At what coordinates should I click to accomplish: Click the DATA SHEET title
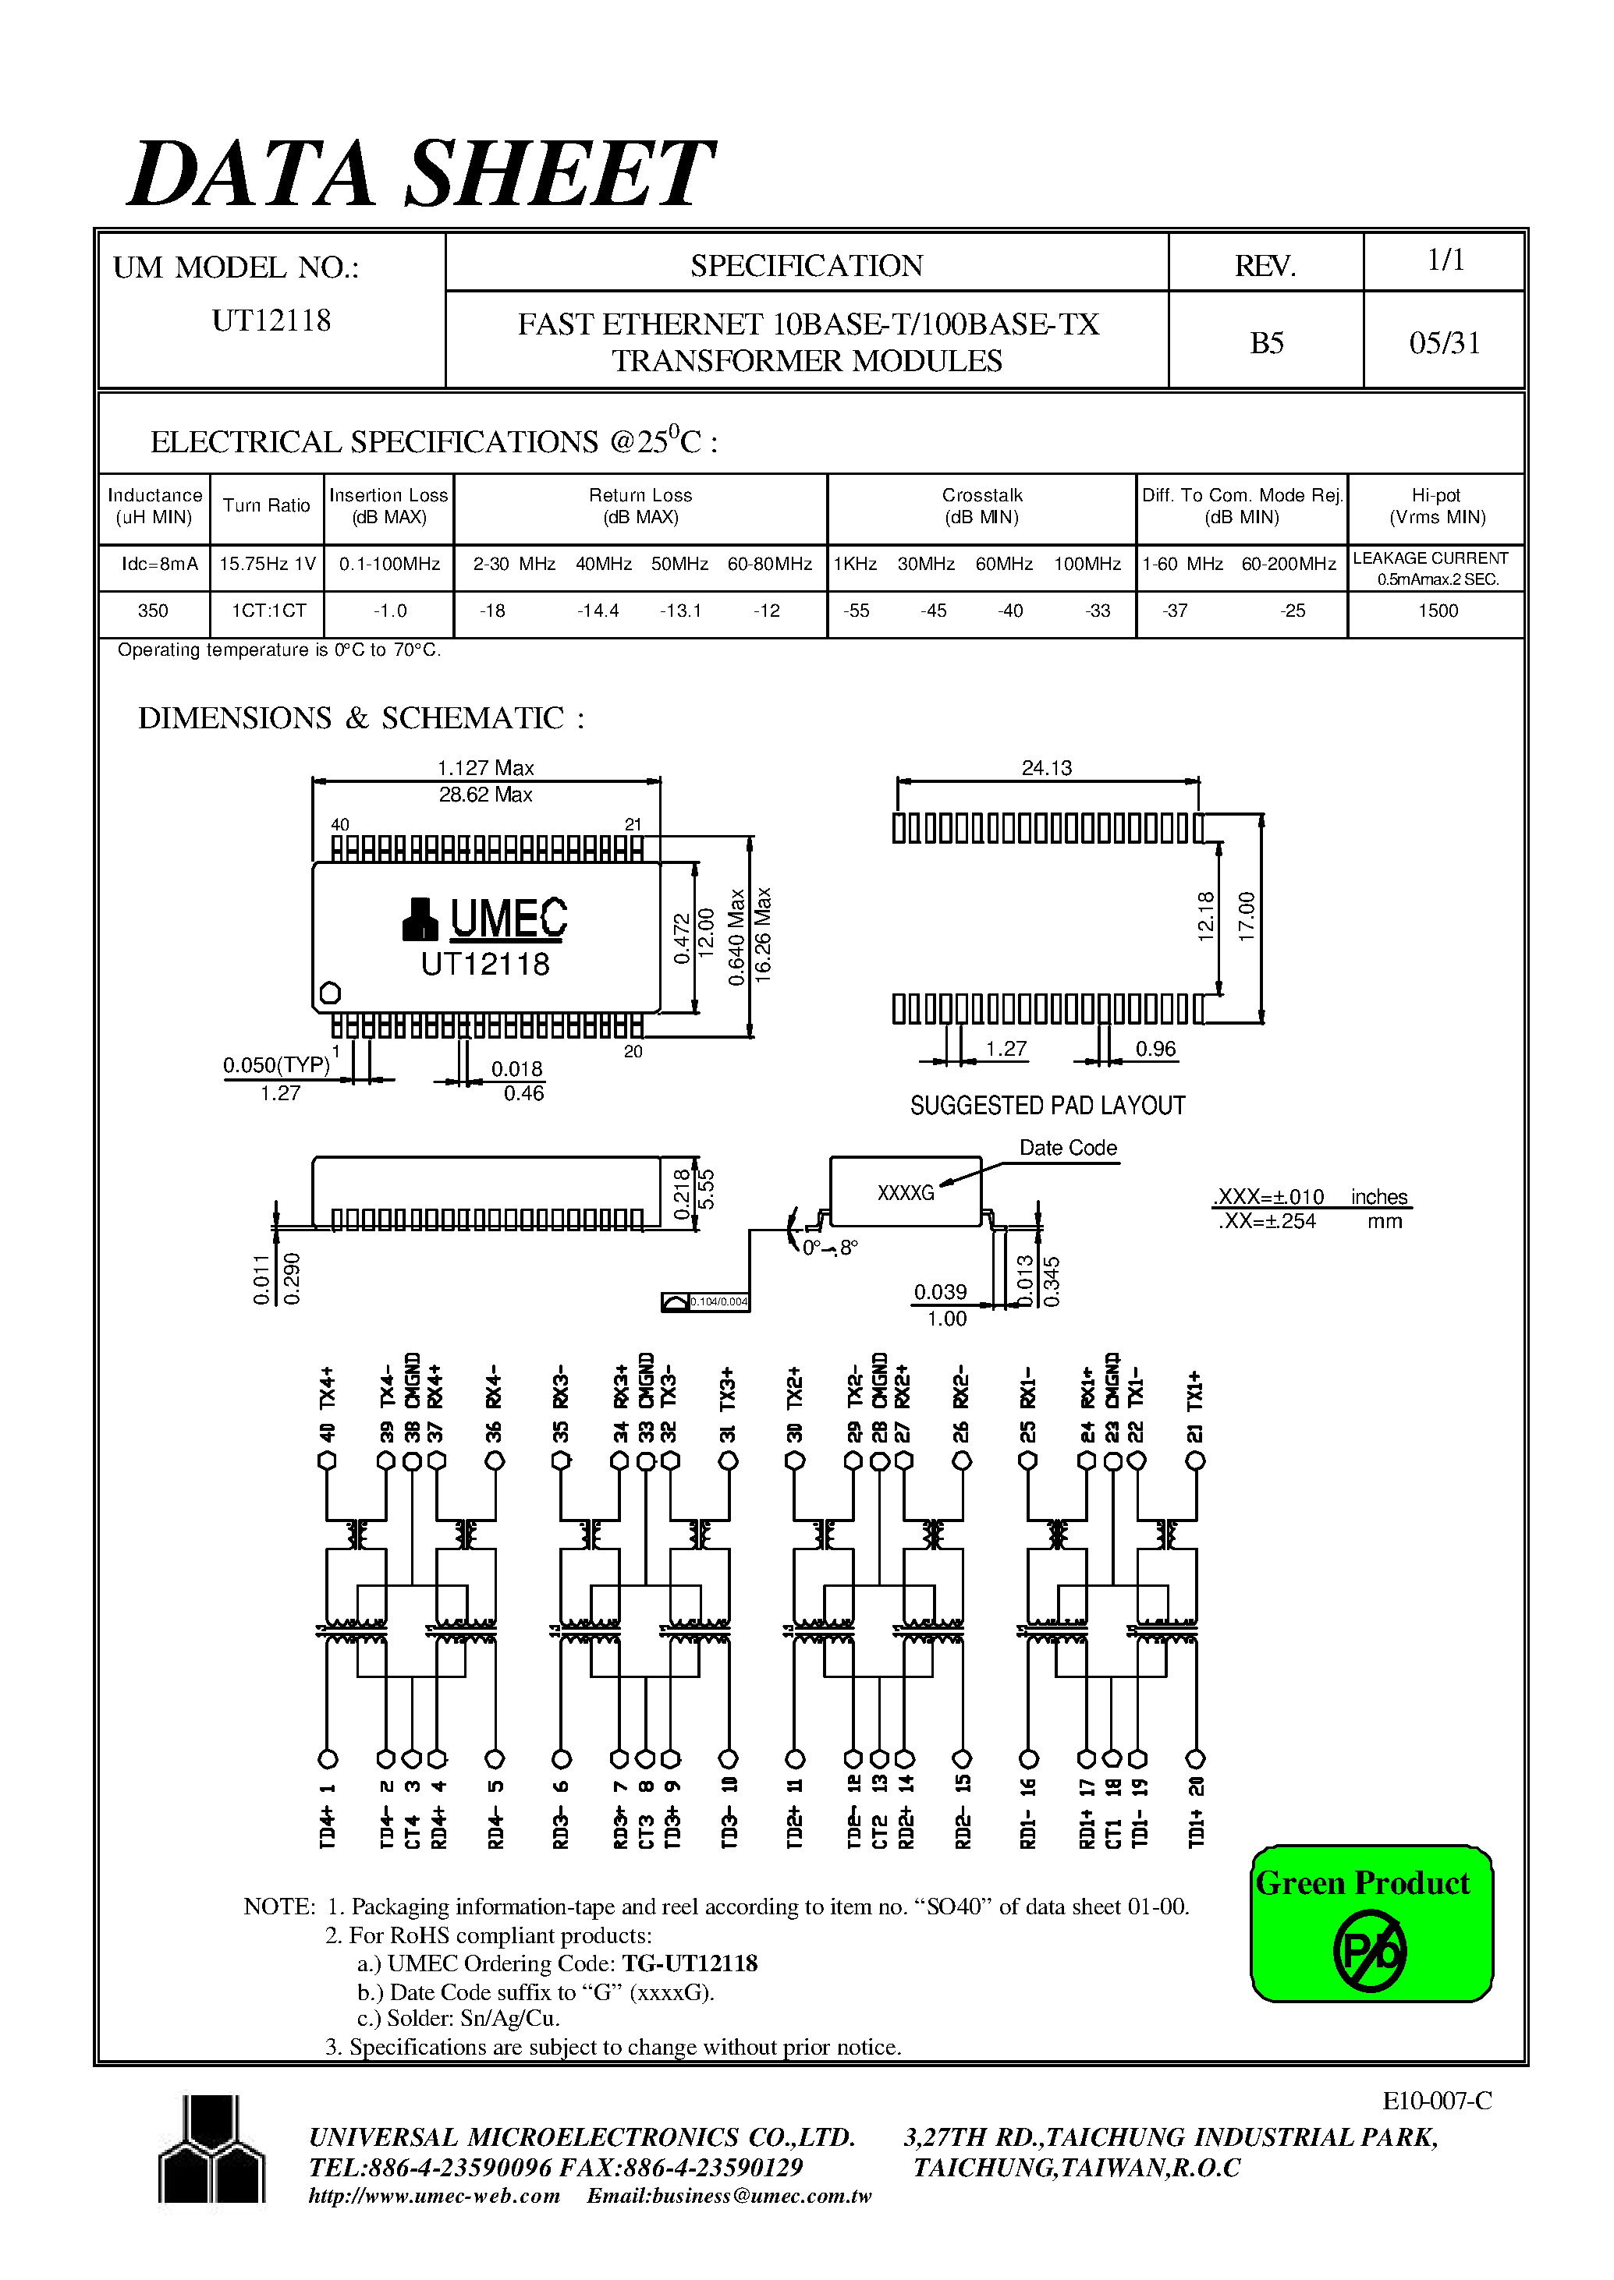(420, 175)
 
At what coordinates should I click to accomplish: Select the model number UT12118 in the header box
(271, 321)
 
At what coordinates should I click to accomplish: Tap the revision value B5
(1266, 344)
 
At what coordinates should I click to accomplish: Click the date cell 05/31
(1444, 344)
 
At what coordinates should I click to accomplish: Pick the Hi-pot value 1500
(1437, 611)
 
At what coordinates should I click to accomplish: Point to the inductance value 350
(153, 611)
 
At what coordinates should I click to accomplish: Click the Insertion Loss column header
(388, 506)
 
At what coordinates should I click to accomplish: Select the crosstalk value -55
(856, 611)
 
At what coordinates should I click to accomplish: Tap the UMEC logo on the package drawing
(485, 918)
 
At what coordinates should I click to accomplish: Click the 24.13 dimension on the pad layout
(1047, 768)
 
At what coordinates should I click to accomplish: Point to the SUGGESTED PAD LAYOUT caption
(1048, 1106)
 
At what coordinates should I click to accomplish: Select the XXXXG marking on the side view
(906, 1193)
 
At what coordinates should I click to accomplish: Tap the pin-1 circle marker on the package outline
(330, 993)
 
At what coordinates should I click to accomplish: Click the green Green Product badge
(1371, 1924)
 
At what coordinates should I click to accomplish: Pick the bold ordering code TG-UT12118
(690, 1964)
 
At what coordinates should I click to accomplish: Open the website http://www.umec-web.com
(435, 2197)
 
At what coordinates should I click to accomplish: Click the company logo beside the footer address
(211, 2149)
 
